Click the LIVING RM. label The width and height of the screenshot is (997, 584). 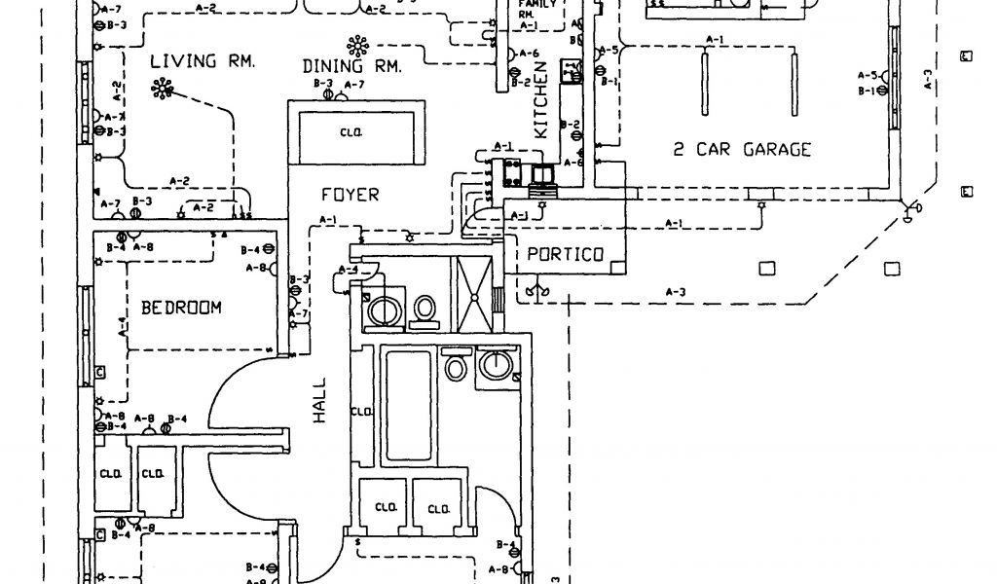pos(203,61)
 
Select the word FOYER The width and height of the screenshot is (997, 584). pos(350,195)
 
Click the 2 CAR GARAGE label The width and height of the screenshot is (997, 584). pos(742,150)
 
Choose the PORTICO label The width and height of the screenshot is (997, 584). pos(565,254)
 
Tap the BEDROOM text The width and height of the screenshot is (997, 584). pos(181,308)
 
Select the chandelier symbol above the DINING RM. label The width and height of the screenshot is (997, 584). pos(357,45)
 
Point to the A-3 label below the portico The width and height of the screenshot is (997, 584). pos(675,291)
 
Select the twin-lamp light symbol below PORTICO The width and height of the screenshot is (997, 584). pos(535,289)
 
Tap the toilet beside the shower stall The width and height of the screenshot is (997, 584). pos(424,308)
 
